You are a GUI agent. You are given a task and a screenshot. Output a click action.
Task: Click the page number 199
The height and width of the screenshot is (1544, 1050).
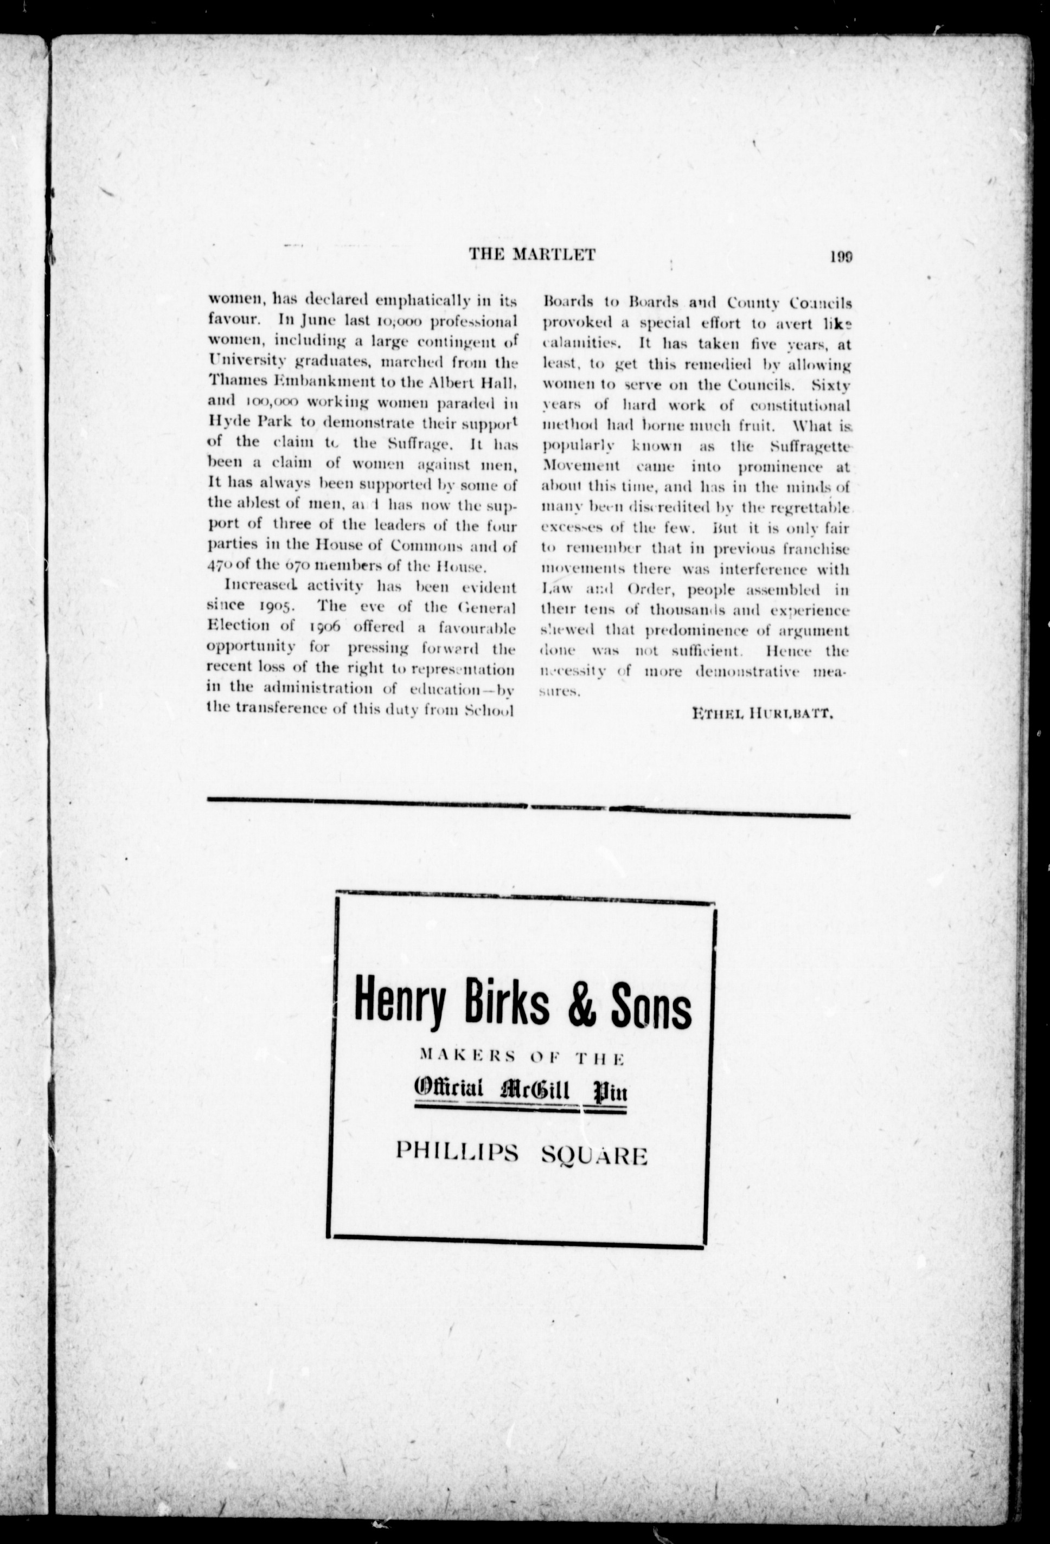tap(841, 256)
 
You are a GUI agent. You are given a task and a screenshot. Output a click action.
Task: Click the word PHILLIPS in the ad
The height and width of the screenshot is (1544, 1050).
tap(457, 1153)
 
